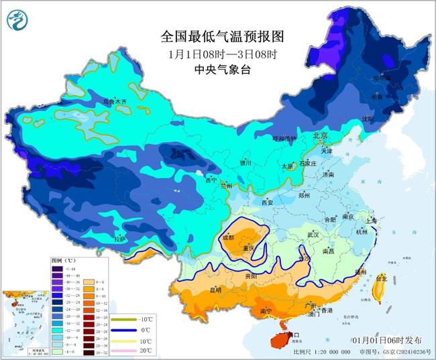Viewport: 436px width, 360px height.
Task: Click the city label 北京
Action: coord(321,136)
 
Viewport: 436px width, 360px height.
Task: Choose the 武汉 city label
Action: coord(313,235)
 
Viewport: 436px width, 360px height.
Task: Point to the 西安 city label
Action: coord(267,202)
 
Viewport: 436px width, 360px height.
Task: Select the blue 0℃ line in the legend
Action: coord(120,330)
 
